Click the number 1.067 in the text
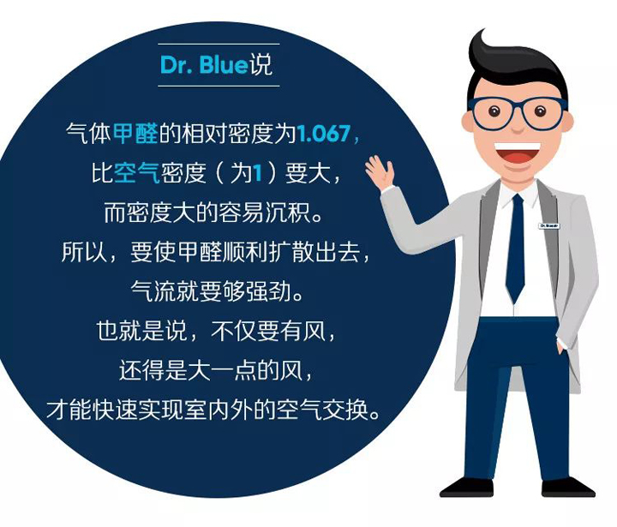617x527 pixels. (x=323, y=134)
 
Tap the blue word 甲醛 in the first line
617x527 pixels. (x=135, y=134)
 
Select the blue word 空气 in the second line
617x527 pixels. (x=136, y=172)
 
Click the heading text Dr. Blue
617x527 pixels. (x=204, y=64)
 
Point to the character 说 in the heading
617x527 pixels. (x=261, y=64)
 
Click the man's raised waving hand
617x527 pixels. (x=380, y=171)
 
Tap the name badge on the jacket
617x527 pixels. (x=549, y=226)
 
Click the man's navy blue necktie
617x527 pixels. (x=515, y=248)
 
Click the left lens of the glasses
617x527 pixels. (x=492, y=114)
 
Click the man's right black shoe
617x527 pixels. (x=568, y=488)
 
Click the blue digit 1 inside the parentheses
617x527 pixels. (x=257, y=173)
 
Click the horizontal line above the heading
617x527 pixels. (x=219, y=44)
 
